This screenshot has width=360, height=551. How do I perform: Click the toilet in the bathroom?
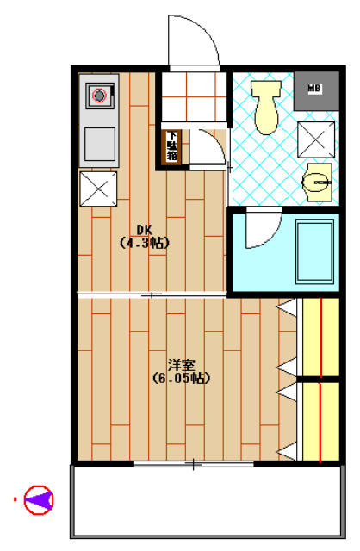267,109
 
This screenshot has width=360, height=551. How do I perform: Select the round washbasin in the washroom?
320,181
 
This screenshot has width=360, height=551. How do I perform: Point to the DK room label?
144,229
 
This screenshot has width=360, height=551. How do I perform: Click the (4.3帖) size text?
144,243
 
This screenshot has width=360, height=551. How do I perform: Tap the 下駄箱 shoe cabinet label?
172,145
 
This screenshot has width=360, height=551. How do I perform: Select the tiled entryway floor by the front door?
194,99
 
